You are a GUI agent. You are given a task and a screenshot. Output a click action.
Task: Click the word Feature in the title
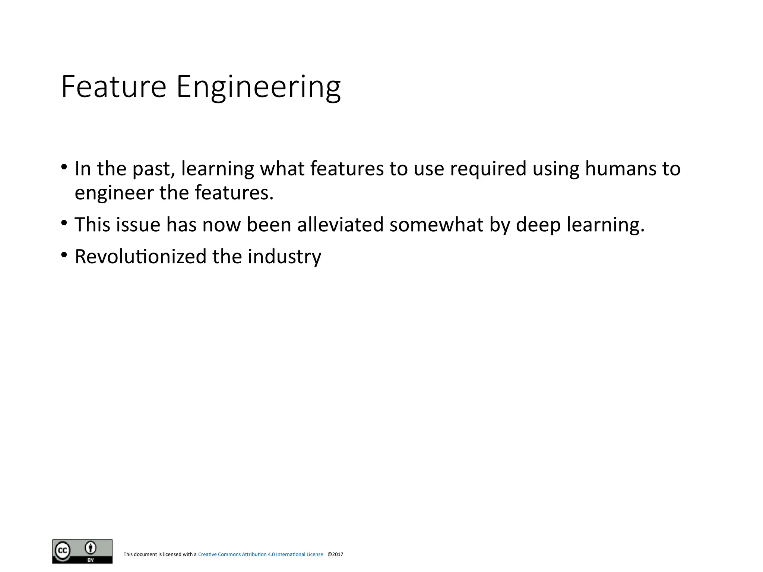tap(113, 87)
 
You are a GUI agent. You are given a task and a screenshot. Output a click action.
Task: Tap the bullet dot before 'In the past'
tap(64, 166)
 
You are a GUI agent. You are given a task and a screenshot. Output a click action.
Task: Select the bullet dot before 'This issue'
tap(64, 223)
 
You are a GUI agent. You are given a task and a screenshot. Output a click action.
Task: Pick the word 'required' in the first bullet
tap(488, 169)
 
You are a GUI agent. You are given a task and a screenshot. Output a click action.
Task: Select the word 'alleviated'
tap(340, 225)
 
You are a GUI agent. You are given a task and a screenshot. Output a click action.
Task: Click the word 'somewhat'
tap(436, 225)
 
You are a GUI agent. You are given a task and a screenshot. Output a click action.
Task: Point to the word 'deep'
tap(538, 225)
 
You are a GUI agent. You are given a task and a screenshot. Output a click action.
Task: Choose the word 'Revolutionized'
tap(140, 257)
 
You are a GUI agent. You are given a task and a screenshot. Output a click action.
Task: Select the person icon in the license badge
tap(91, 548)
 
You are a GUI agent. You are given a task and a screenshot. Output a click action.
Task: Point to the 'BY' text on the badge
tap(91, 560)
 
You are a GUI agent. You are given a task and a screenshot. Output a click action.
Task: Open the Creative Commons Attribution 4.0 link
tap(260, 554)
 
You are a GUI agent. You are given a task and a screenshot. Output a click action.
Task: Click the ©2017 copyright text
tap(335, 554)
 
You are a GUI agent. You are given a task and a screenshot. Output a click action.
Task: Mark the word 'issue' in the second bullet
tap(138, 225)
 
